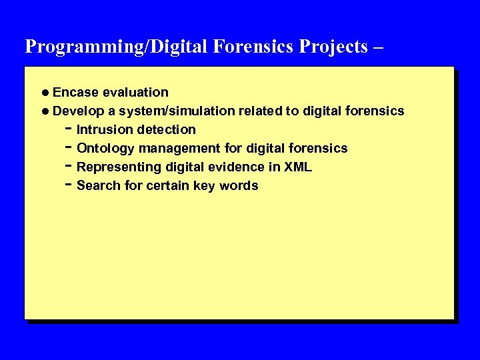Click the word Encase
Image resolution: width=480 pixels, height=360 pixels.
click(73, 92)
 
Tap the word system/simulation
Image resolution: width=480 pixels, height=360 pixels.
click(177, 111)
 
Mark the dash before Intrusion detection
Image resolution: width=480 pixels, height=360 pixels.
click(69, 129)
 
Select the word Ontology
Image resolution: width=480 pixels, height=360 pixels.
click(105, 148)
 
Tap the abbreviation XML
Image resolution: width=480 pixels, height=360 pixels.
click(298, 167)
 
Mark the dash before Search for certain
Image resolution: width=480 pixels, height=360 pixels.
click(69, 185)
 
